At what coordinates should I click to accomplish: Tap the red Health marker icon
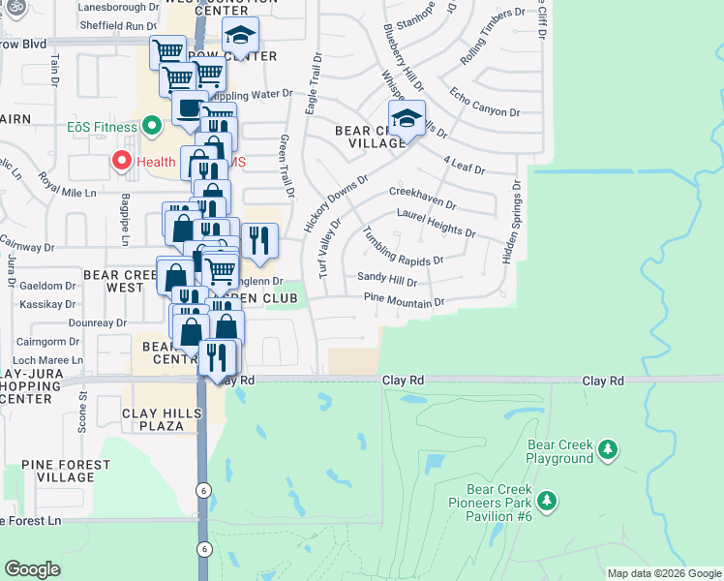123,162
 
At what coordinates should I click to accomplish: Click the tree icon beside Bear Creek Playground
608,449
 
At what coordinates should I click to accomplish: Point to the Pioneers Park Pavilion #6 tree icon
548,501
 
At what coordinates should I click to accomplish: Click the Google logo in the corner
33,568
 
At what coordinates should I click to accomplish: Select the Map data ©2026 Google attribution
663,573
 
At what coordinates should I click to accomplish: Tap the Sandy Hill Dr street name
386,280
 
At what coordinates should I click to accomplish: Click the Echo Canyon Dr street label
485,105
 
